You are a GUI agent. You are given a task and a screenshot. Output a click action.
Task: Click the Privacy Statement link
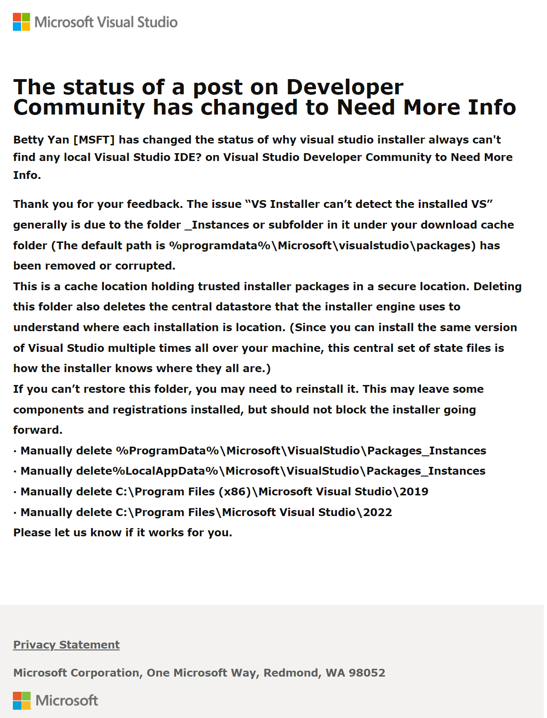66,645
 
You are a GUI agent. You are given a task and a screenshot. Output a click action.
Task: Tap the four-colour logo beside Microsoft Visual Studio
21,22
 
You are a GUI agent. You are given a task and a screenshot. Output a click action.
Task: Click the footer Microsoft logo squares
22,701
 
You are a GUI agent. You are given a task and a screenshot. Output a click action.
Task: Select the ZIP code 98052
367,673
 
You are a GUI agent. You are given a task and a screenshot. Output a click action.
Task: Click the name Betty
28,140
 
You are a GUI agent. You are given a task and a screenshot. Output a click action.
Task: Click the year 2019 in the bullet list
414,492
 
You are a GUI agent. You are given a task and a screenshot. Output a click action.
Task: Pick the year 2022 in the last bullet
377,512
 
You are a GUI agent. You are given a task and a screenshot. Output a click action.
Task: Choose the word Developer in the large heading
345,87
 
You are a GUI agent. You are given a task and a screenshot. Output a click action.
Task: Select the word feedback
153,204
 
